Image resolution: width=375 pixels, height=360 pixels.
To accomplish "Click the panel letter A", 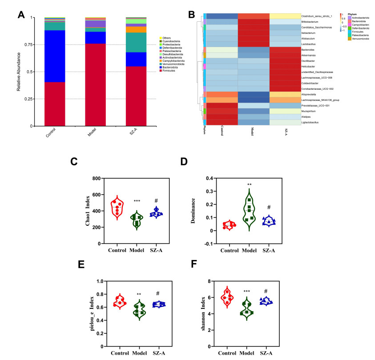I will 21,16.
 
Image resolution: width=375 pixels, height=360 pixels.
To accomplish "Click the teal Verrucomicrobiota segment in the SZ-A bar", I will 136,42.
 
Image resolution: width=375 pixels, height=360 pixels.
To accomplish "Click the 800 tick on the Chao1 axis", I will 96,178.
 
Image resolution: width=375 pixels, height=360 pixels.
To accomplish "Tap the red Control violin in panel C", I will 117,207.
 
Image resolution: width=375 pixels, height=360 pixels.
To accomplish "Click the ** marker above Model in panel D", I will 250,184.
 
